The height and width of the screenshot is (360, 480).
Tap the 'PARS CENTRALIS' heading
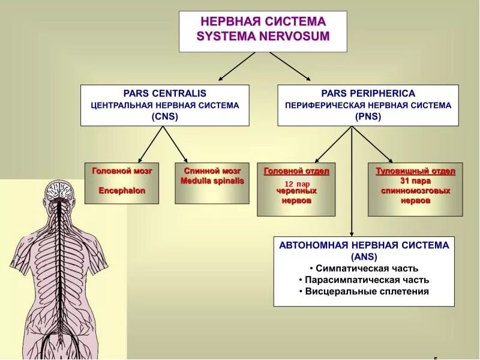click(164, 93)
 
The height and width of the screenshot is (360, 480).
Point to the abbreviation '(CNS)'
click(164, 117)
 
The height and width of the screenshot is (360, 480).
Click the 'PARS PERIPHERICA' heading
click(368, 93)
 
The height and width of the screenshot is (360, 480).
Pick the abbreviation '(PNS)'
click(368, 117)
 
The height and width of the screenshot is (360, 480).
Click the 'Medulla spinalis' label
click(212, 181)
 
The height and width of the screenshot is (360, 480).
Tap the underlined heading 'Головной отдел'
click(296, 171)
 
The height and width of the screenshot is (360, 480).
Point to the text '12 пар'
click(297, 184)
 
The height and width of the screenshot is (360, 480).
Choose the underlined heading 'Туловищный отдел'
click(415, 171)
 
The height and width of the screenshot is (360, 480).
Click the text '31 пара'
click(415, 181)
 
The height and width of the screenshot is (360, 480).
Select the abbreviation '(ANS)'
click(363, 257)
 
